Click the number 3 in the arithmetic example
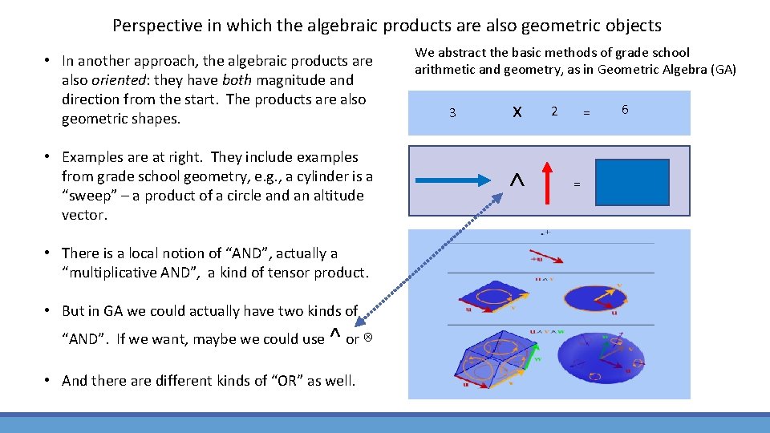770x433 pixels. coord(452,113)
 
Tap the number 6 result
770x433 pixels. coord(624,109)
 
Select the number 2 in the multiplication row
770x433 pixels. coord(553,111)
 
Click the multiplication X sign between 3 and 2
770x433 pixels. coord(517,112)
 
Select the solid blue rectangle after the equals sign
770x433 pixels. coord(632,183)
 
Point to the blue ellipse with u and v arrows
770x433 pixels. coord(598,299)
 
